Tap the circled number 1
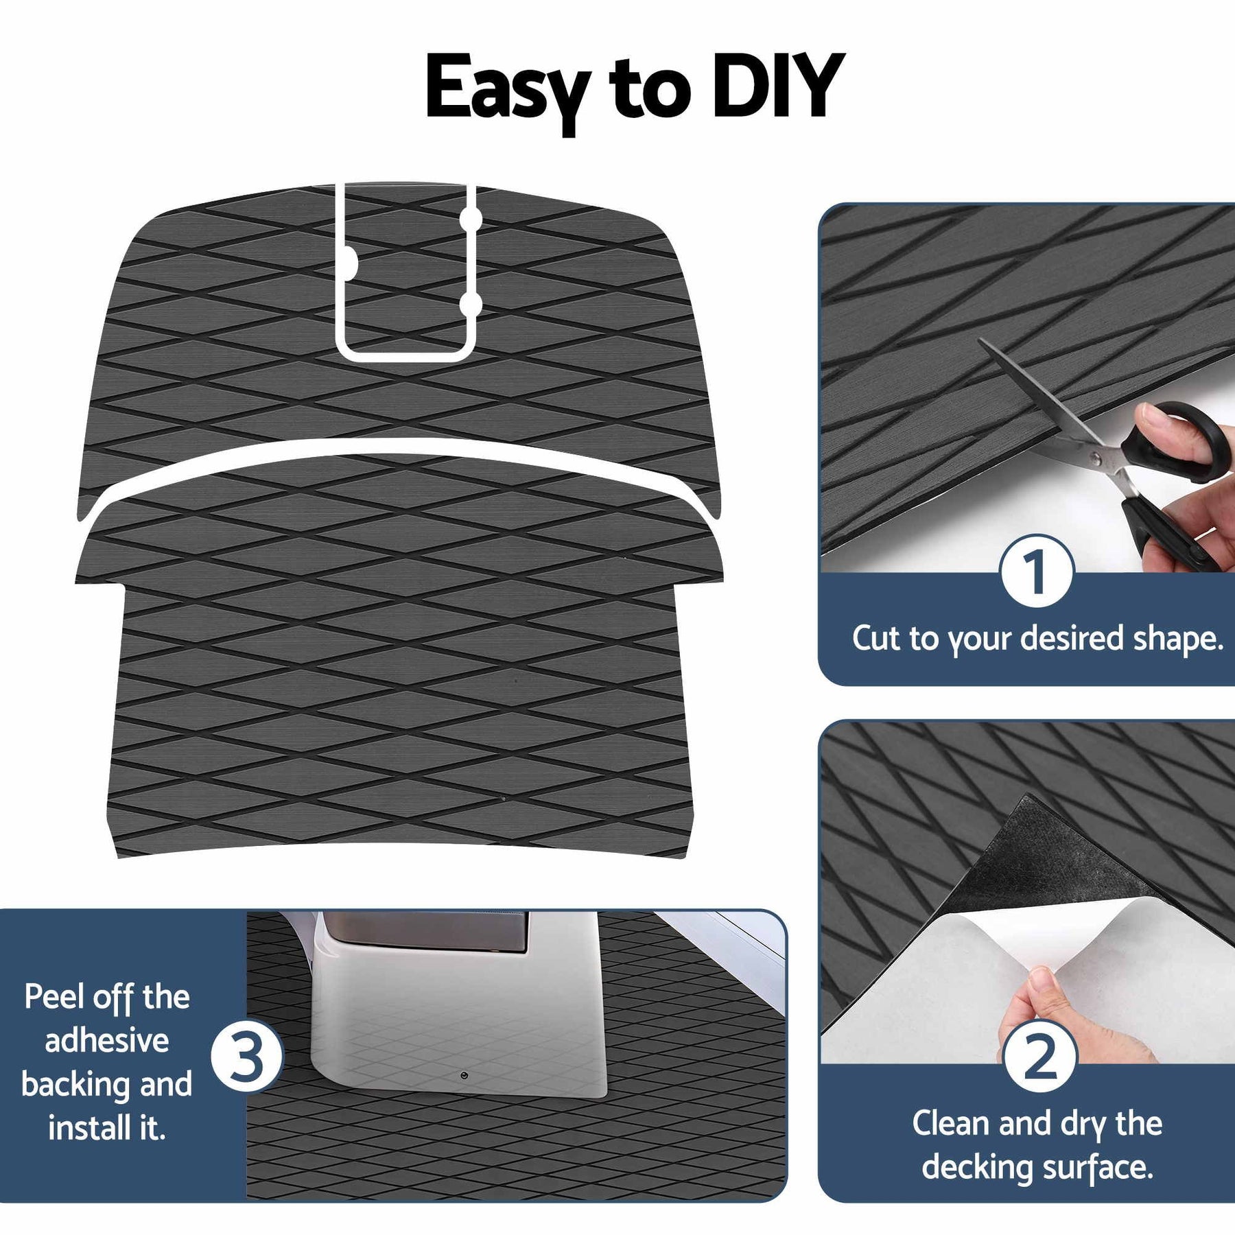point(1036,571)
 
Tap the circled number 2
point(1039,1057)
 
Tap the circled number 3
point(247,1057)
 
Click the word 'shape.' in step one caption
point(1178,639)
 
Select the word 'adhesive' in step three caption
point(107,1040)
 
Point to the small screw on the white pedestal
point(464,1074)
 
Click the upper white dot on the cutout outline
point(471,218)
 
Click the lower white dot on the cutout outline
point(470,304)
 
